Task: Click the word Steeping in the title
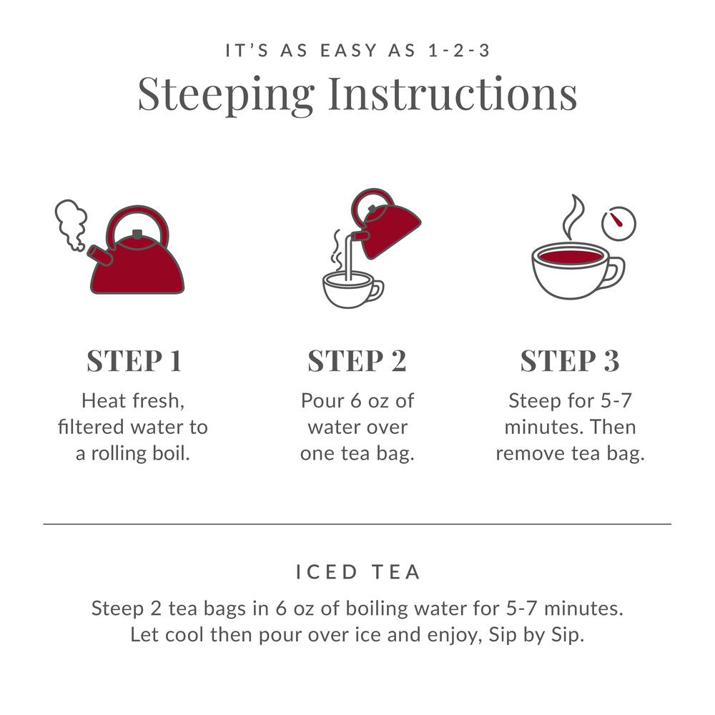pos(226,94)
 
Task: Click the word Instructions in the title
pos(453,93)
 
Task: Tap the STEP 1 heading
pos(134,361)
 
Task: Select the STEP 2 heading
pos(357,361)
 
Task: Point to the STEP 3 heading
pos(570,361)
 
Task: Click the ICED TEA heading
pos(357,572)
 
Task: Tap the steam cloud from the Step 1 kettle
pos(71,223)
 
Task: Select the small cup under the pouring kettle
pos(349,290)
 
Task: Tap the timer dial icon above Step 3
pos(618,223)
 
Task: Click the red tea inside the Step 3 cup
pos(570,256)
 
